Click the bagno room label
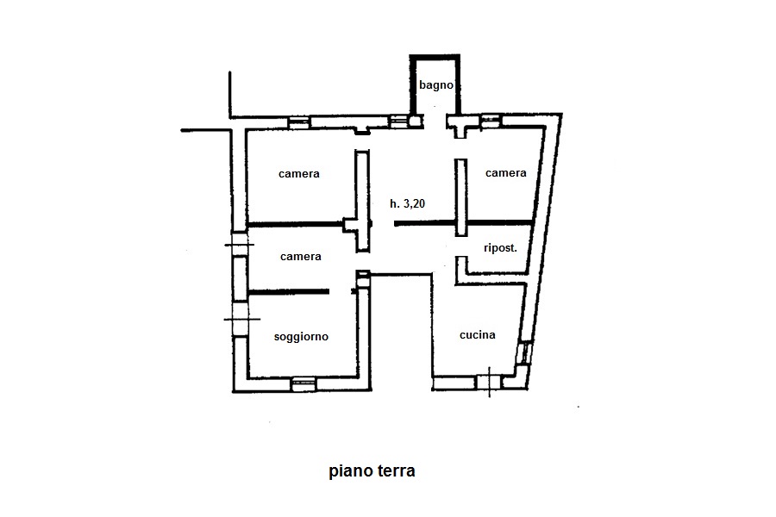(x=436, y=85)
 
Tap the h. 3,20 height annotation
(x=407, y=203)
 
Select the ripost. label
(x=500, y=248)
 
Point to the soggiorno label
(x=301, y=337)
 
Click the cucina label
(x=478, y=335)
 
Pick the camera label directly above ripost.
(x=506, y=172)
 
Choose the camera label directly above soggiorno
(x=300, y=256)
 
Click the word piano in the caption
(x=349, y=470)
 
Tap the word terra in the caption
(x=395, y=470)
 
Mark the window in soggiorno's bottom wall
(x=304, y=384)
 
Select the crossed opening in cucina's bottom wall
(x=489, y=382)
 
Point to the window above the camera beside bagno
(x=491, y=121)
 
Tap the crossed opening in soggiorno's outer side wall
(x=241, y=319)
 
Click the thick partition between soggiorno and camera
(x=289, y=292)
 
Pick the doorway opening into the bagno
(x=435, y=121)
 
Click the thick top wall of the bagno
(x=435, y=57)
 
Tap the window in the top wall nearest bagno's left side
(x=398, y=121)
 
